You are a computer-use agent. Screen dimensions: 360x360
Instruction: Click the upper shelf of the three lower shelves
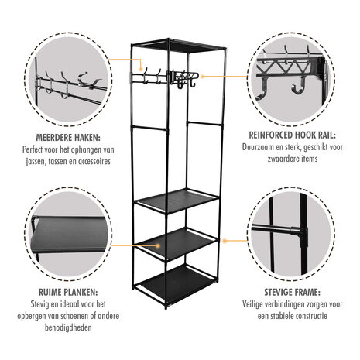coord(175,201)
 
